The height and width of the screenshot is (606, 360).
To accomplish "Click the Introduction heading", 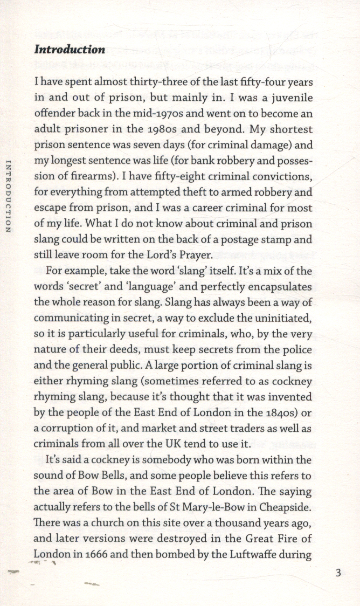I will pyautogui.click(x=70, y=50).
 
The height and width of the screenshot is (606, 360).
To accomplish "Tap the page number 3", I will pyautogui.click(x=338, y=573).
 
